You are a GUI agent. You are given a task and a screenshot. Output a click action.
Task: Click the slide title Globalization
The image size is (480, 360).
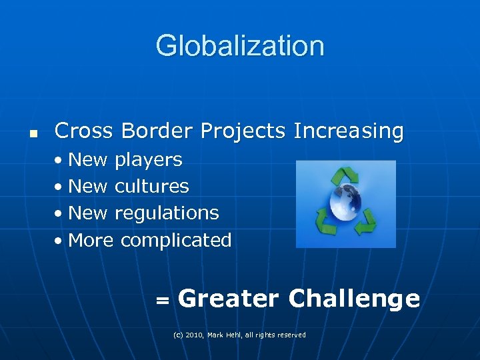(240, 46)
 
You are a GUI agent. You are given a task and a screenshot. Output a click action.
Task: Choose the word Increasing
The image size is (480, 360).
(348, 132)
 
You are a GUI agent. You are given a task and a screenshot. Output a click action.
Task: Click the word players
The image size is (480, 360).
(148, 161)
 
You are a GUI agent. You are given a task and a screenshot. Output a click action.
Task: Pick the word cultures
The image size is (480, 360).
(151, 187)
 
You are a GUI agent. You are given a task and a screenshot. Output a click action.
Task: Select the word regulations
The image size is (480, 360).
(167, 214)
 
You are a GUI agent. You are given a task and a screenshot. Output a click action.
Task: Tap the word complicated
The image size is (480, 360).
(176, 241)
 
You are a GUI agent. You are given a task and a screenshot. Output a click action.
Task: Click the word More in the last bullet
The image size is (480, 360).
(91, 240)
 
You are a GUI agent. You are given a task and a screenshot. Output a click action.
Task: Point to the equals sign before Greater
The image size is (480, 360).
(161, 301)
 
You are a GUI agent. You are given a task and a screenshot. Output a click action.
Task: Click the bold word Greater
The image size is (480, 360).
(228, 299)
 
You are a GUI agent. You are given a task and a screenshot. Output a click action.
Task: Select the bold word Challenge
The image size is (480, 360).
(354, 299)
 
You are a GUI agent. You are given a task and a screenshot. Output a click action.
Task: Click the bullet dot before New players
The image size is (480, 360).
(60, 161)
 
